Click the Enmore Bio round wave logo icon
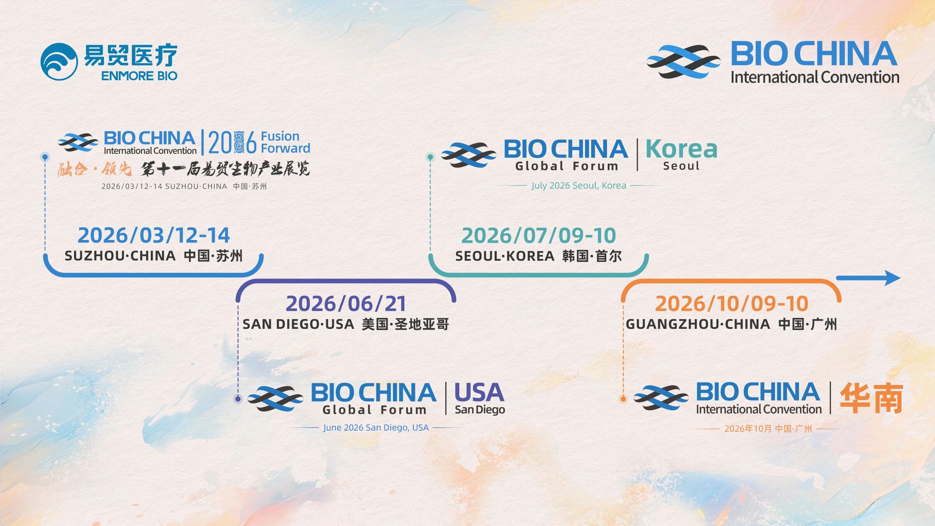coord(59,62)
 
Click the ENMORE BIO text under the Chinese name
coord(139,76)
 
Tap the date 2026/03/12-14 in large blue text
coord(153,235)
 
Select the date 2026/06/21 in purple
coord(346,304)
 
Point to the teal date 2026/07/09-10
coord(538,235)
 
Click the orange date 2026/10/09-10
coord(732,304)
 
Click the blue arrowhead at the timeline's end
coord(892,278)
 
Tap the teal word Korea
coord(681,149)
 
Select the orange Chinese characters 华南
coord(871,398)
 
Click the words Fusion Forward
coord(285,142)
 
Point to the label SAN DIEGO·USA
coord(298,324)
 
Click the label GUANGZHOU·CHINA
coord(698,324)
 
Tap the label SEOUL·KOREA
coord(505,256)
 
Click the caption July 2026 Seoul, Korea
coord(579,185)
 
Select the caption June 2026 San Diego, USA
coord(376,427)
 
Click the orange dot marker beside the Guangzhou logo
coord(623,399)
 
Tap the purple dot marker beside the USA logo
coord(238,399)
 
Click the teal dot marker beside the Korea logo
coord(430,157)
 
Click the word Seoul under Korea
coord(681,166)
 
